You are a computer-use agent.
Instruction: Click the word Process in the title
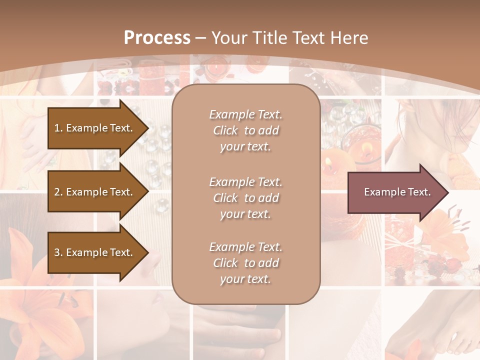157,37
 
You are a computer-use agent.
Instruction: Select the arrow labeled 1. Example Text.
95,128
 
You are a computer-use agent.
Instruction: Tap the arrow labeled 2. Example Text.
95,192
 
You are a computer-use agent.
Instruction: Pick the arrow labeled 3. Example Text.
95,252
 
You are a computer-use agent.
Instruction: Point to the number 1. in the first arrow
58,128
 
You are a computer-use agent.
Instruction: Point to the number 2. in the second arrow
58,192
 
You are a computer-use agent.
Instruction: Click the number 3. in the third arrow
58,252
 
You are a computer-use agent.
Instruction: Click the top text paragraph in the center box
245,130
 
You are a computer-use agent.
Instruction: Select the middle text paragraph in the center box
245,198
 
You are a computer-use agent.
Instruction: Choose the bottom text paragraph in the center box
245,263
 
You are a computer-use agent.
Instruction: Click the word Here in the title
350,37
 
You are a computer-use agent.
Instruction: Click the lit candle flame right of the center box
366,148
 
